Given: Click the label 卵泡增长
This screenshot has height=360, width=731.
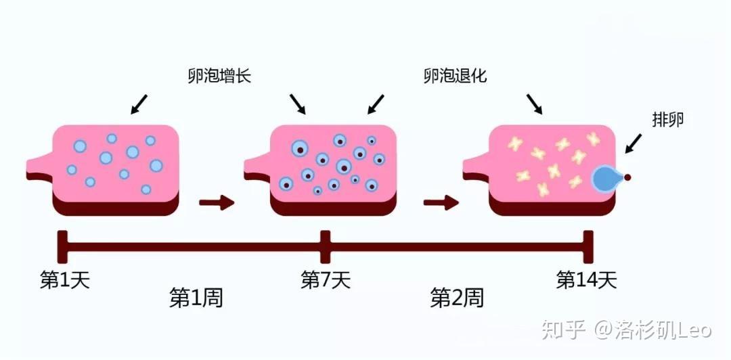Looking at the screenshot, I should click(219, 75).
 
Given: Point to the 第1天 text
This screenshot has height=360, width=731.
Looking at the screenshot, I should click(65, 279).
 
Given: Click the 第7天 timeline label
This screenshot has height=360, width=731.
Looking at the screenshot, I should click(326, 279).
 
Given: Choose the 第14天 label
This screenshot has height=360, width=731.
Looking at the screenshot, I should click(586, 279).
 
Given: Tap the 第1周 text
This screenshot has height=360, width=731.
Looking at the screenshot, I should click(196, 298).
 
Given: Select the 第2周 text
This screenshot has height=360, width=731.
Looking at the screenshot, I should click(457, 298).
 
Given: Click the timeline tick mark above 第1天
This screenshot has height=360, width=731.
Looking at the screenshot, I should click(63, 246).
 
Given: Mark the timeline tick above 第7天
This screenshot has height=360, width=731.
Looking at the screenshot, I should click(326, 246).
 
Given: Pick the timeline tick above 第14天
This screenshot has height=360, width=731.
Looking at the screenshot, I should click(588, 246).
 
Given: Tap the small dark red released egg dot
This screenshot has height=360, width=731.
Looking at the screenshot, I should click(627, 178).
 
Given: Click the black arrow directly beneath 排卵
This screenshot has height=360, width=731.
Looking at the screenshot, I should click(633, 143).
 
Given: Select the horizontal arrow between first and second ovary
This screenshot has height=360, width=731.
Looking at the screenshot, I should click(216, 202).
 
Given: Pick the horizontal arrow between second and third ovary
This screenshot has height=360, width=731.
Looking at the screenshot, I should click(441, 202).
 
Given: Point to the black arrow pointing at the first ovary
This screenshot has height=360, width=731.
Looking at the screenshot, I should click(139, 104).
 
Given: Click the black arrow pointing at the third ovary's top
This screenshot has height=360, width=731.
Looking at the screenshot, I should click(534, 104).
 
